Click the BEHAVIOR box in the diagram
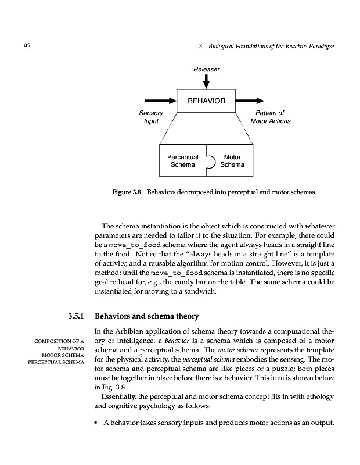(x=206, y=101)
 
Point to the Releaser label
(x=206, y=70)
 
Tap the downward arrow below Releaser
(x=206, y=83)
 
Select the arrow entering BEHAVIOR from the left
(x=160, y=101)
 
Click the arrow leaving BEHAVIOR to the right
(x=251, y=101)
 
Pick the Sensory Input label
(x=151, y=117)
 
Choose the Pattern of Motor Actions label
(x=270, y=117)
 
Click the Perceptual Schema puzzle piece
(x=183, y=161)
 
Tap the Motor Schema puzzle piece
(x=232, y=161)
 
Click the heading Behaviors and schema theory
(x=146, y=316)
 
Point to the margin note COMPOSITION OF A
(x=60, y=341)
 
